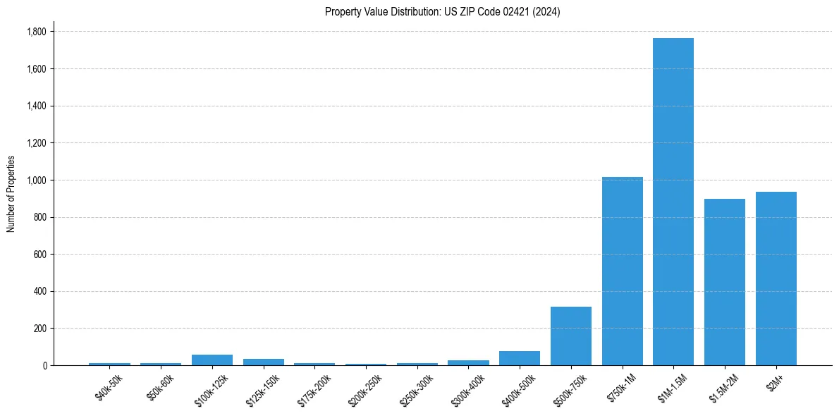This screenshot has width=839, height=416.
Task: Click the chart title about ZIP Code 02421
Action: click(x=442, y=12)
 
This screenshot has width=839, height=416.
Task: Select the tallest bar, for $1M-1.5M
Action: click(x=673, y=202)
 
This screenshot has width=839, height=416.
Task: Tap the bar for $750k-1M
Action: click(x=622, y=271)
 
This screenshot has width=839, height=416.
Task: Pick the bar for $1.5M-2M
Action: click(x=725, y=282)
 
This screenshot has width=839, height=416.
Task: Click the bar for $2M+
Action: click(x=776, y=279)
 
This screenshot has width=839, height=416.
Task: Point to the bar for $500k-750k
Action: click(x=571, y=336)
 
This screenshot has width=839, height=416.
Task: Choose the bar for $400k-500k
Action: click(x=520, y=358)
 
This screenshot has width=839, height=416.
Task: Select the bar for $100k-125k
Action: click(x=212, y=360)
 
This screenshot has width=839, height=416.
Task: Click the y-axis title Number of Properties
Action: click(x=11, y=194)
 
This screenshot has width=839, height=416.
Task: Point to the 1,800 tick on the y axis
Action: click(x=37, y=32)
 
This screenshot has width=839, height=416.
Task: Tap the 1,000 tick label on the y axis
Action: click(x=37, y=181)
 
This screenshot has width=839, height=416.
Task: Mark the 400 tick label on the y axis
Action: click(x=39, y=292)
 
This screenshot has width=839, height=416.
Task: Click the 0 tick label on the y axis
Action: click(x=44, y=366)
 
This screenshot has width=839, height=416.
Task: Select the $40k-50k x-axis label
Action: click(x=108, y=386)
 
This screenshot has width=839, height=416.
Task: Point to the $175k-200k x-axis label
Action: click(x=312, y=388)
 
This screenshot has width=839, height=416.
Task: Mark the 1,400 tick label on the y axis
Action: click(x=37, y=106)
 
